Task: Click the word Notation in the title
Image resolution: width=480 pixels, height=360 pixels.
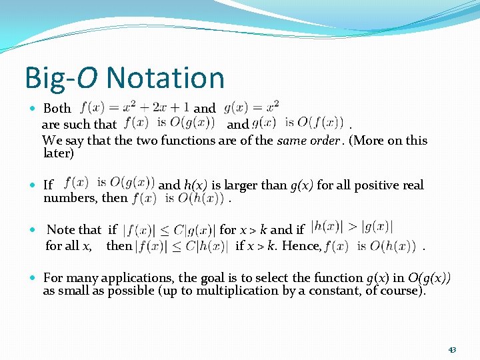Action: (x=165, y=78)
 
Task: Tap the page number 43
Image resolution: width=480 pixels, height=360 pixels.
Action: (x=452, y=349)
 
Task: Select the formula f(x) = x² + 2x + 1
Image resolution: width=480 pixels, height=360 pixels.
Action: (x=135, y=107)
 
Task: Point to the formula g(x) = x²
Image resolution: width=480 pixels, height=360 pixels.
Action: (x=251, y=107)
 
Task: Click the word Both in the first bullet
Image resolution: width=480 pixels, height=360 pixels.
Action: (x=57, y=108)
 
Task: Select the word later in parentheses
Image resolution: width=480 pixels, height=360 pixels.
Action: (x=57, y=153)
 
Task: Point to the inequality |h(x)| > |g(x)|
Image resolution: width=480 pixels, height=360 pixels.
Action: (x=351, y=228)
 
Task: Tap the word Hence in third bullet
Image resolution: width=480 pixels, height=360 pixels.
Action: (x=301, y=246)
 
